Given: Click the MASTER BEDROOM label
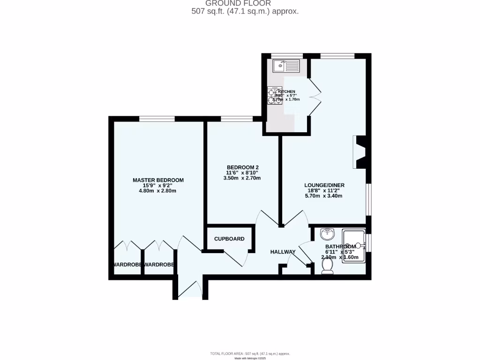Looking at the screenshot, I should [158, 180].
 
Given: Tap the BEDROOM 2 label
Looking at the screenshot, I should [243, 167].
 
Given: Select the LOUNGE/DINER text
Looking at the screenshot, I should [324, 185].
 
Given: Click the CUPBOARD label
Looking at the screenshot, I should [229, 239].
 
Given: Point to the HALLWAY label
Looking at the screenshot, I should [283, 252].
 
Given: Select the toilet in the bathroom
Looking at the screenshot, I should [328, 266].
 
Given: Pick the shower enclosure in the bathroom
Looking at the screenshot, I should [355, 245].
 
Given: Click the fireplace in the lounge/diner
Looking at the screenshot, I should [360, 152].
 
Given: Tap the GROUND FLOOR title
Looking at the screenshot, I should [245, 4].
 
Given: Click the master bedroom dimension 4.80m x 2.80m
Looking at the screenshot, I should [158, 191].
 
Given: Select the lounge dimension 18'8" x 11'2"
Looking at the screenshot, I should [324, 191].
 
